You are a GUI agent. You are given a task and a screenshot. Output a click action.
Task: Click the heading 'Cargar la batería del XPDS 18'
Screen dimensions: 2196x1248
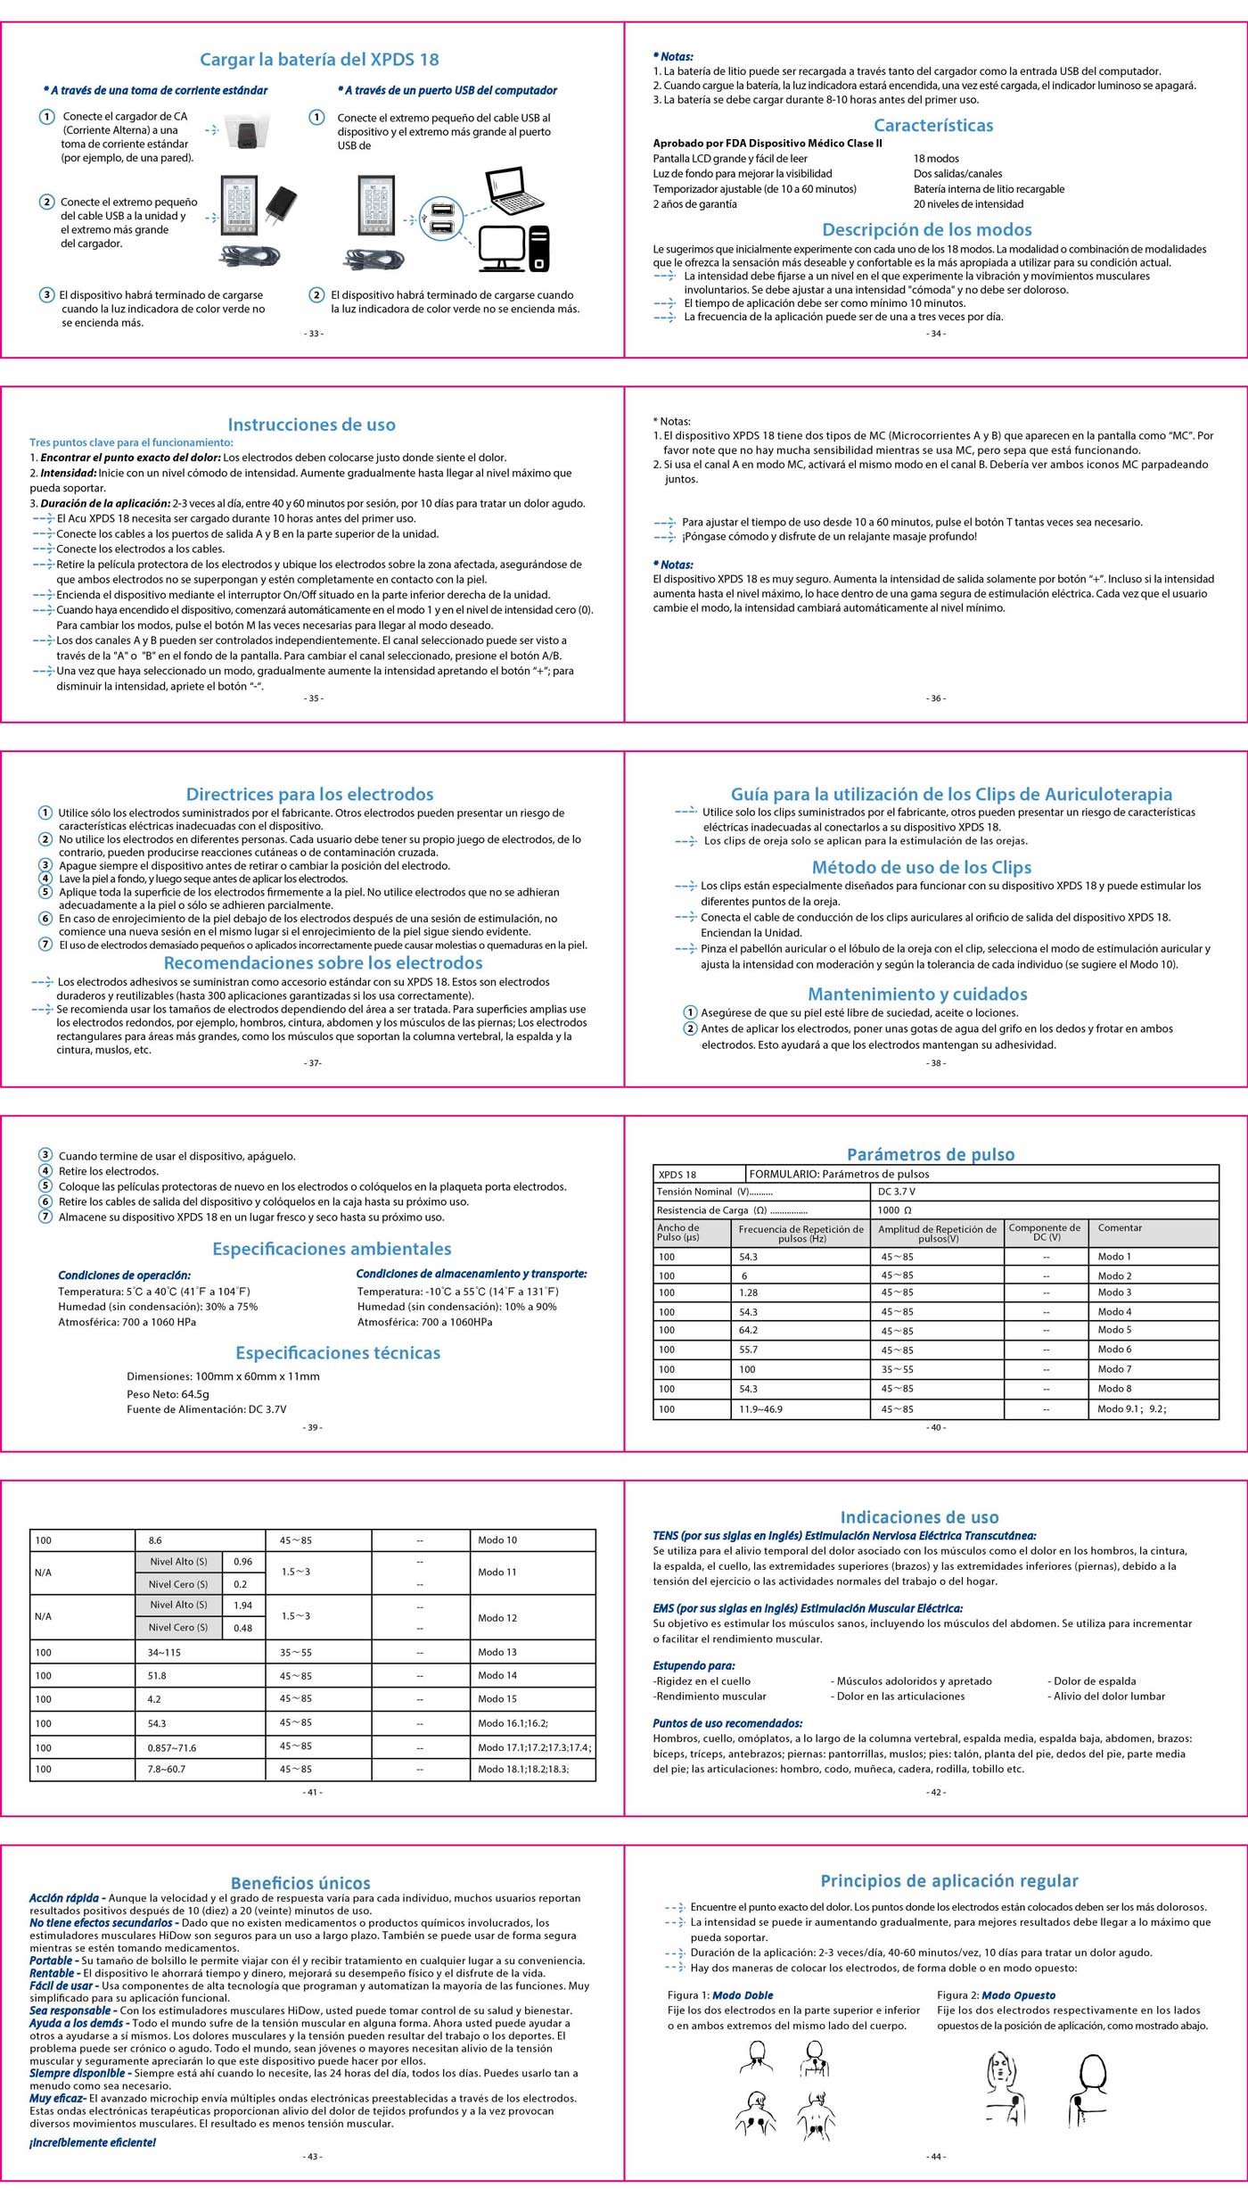[x=319, y=60]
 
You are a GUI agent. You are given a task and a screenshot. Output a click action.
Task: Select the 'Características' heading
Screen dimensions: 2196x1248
[x=932, y=126]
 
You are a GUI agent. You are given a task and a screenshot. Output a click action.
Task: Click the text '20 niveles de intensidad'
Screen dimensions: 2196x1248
[x=968, y=204]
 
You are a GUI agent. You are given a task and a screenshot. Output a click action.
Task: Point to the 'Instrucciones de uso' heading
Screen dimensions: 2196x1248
[x=311, y=425]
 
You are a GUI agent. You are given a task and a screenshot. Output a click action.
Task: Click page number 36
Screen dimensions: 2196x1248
[x=936, y=698]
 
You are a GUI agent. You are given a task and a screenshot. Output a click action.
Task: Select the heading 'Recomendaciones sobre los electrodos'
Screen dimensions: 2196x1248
[x=323, y=962]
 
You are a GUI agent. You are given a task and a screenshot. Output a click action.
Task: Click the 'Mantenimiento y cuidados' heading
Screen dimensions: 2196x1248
[x=917, y=994]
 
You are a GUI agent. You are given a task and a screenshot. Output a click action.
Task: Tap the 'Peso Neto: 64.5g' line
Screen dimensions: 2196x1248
[x=168, y=1394]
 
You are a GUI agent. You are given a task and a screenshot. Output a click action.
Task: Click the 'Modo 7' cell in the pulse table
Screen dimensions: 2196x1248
[x=1114, y=1369]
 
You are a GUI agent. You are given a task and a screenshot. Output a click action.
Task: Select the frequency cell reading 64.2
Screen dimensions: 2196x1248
[x=749, y=1330]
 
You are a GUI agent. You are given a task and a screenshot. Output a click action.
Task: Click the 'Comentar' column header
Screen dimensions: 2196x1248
[x=1120, y=1228]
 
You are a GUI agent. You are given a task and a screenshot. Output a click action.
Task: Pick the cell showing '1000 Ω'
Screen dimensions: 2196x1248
[x=894, y=1210]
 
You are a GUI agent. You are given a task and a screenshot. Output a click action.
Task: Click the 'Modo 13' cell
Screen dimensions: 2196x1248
[x=497, y=1652]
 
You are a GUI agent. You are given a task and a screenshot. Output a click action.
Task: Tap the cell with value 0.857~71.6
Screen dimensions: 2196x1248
[x=172, y=1747]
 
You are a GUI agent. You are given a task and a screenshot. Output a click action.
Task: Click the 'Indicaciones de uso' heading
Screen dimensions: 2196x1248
[x=919, y=1516]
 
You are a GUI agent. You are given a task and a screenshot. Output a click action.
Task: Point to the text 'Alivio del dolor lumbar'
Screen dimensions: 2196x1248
[x=1109, y=1696]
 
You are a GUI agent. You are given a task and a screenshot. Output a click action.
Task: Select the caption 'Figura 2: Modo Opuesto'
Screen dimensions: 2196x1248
[x=996, y=1994]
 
